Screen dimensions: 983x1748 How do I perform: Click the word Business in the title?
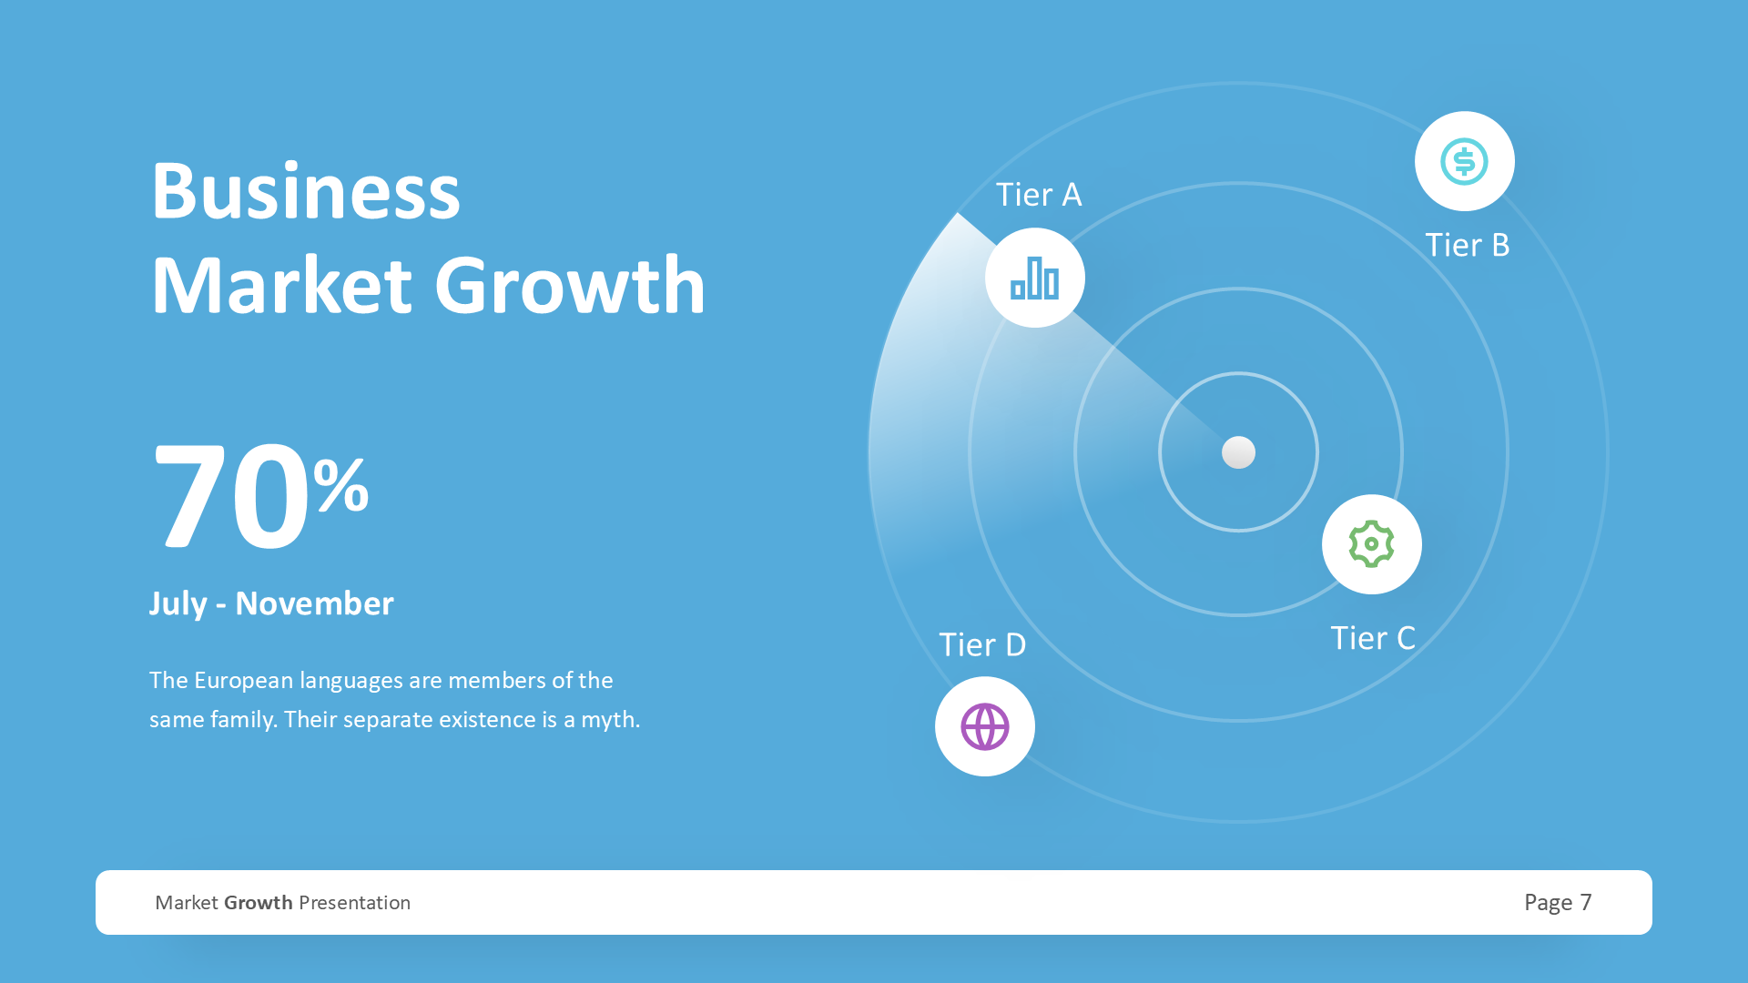[x=306, y=191]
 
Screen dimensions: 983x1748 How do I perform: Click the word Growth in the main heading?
[x=570, y=286]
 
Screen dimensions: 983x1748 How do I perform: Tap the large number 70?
[x=231, y=497]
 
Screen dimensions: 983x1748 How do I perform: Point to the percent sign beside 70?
[x=341, y=485]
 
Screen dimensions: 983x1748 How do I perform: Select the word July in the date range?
[x=178, y=603]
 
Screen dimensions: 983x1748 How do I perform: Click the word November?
[x=314, y=603]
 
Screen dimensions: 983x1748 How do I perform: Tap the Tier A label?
[x=1039, y=195]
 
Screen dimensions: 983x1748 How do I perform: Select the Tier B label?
[x=1467, y=245]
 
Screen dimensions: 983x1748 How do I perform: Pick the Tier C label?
[x=1373, y=638]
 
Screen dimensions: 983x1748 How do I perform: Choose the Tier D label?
[x=982, y=644]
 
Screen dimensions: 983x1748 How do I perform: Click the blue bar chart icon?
[x=1035, y=278]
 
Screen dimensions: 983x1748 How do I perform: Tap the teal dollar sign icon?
[x=1464, y=162]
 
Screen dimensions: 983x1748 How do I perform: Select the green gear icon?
[x=1371, y=544]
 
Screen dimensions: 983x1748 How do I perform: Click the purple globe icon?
[x=985, y=726]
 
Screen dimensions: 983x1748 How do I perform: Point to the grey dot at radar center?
[x=1238, y=452]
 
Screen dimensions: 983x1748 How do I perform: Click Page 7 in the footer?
[x=1558, y=902]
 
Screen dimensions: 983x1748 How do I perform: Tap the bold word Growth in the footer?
[x=259, y=903]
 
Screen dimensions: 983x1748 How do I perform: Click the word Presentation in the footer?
[x=354, y=903]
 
